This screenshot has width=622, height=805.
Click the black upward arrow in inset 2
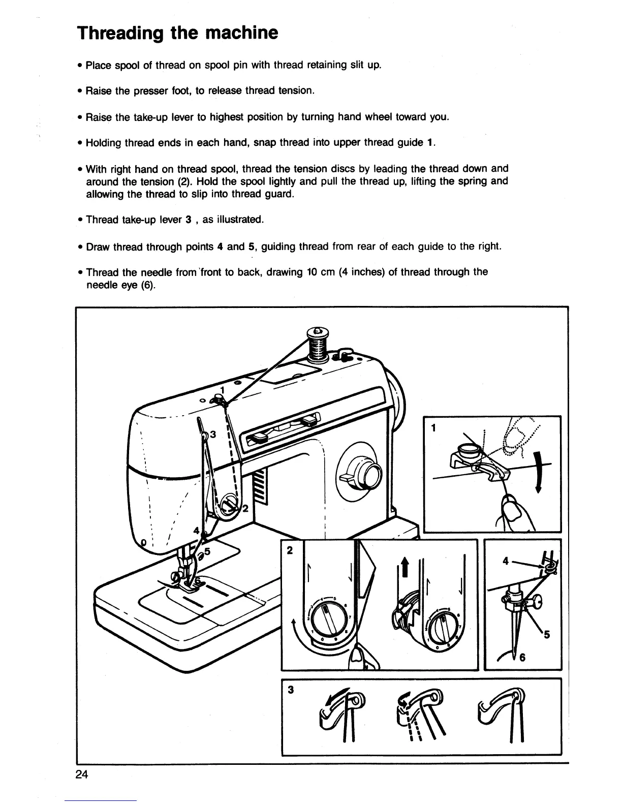(x=405, y=566)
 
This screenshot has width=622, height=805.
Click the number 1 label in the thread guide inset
(x=433, y=428)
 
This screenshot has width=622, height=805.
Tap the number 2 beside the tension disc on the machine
(x=244, y=509)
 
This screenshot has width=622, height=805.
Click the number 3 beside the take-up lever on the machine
(x=213, y=435)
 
